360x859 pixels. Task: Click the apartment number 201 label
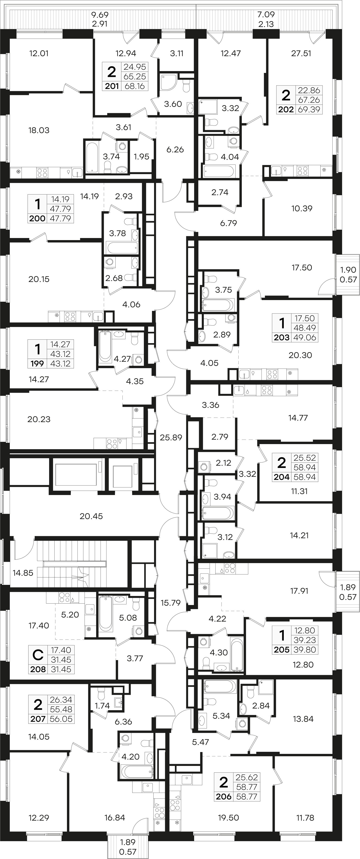[x=112, y=86]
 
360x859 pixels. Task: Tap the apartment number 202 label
[x=286, y=109]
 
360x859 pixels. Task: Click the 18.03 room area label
[x=39, y=130]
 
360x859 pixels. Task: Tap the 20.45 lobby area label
[x=91, y=516]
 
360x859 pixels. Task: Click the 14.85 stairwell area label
[x=23, y=573]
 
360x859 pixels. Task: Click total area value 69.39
[x=309, y=109]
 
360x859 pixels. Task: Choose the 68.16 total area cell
[x=135, y=86]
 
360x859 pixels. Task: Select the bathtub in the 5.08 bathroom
[x=105, y=614]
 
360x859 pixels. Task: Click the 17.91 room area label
[x=299, y=591]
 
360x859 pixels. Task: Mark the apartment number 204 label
[x=282, y=477]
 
